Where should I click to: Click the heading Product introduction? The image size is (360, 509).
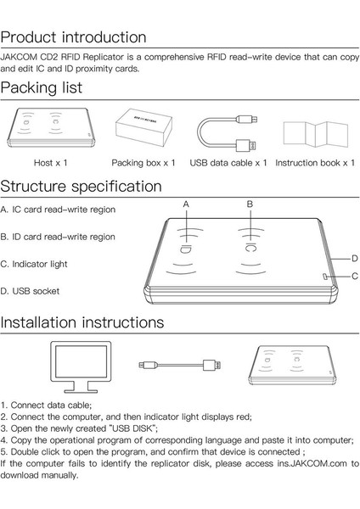[x=73, y=37]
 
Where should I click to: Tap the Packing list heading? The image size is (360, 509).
[x=42, y=87]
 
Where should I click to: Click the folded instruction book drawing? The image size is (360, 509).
[x=316, y=134]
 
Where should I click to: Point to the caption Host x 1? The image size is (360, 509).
[x=50, y=163]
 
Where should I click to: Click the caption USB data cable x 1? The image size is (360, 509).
[x=228, y=163]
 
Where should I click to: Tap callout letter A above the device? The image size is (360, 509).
[x=186, y=204]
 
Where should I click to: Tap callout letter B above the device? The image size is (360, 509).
[x=250, y=204]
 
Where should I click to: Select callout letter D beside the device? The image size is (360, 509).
[x=355, y=259]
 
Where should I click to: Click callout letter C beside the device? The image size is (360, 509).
[x=355, y=277]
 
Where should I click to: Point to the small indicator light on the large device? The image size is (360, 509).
[x=325, y=277]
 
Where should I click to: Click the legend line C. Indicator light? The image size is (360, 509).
[x=34, y=264]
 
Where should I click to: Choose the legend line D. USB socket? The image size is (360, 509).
[x=30, y=291]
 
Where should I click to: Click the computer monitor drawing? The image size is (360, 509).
[x=81, y=366]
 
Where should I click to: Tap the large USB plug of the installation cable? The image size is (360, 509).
[x=212, y=365]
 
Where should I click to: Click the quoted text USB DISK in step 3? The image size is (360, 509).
[x=132, y=428]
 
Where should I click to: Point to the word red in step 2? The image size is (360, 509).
[x=243, y=417]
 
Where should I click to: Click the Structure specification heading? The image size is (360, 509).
[x=81, y=187]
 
